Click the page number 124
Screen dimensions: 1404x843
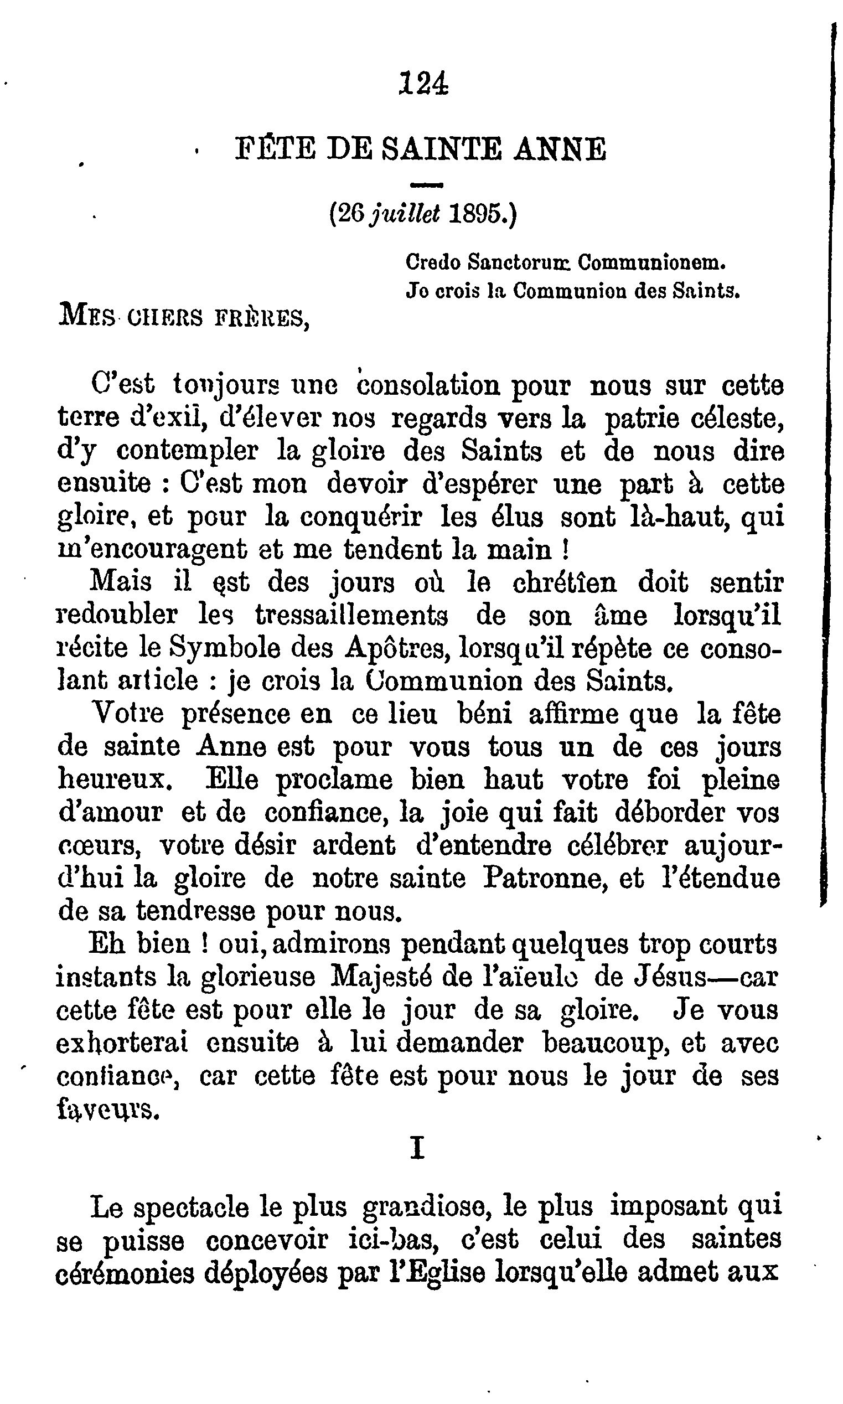423,84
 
